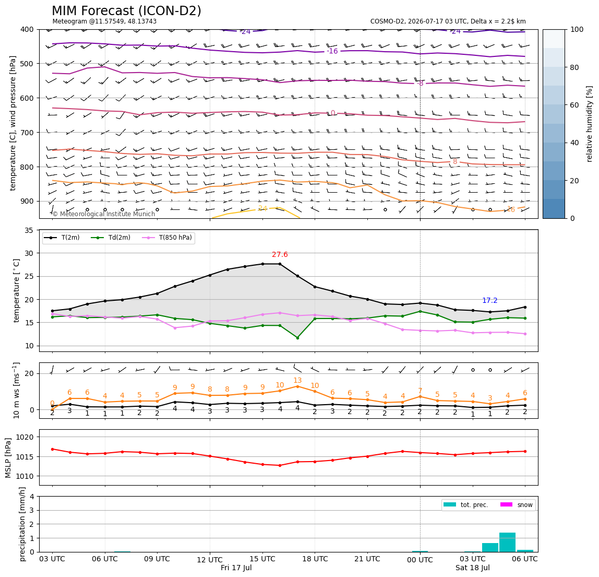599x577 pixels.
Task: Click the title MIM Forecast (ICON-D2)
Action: [x=126, y=10]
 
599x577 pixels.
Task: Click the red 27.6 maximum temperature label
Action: [x=280, y=255]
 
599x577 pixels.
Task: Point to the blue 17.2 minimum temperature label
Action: [x=490, y=301]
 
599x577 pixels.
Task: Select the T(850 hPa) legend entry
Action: [x=167, y=238]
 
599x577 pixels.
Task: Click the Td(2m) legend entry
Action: [x=111, y=238]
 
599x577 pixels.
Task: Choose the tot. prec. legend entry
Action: [x=465, y=505]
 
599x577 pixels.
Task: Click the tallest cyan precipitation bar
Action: [x=507, y=542]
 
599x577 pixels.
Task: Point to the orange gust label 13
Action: [x=297, y=381]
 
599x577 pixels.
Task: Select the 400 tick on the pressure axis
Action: [x=28, y=29]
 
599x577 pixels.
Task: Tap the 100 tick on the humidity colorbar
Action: [x=577, y=29]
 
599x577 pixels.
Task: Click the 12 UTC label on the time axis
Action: [x=210, y=560]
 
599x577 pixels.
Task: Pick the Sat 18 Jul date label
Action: [x=473, y=568]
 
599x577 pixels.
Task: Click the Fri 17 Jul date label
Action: [x=236, y=568]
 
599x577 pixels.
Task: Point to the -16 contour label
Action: [x=332, y=51]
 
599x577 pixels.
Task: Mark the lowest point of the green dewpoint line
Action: [x=297, y=338]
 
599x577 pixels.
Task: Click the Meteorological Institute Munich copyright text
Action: [x=103, y=214]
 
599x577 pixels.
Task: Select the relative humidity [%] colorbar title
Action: [x=590, y=124]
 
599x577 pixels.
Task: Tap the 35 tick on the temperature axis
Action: [x=29, y=230]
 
